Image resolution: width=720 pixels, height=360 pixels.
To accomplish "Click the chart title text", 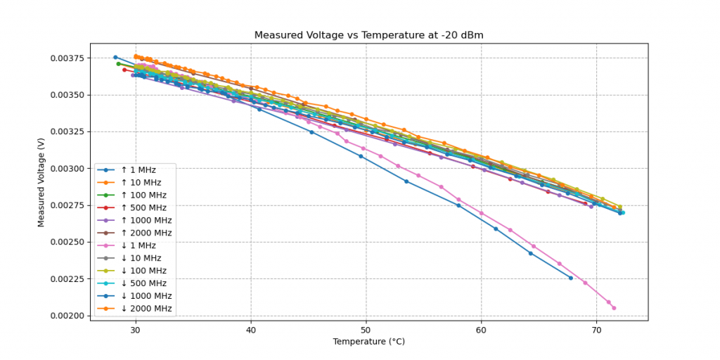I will coord(368,35).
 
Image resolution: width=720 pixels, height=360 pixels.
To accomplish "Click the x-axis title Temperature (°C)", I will coord(368,342).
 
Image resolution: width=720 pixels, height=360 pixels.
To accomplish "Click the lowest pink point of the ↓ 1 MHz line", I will coord(614,308).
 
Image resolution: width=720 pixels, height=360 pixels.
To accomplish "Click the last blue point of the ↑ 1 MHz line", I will coord(570,278).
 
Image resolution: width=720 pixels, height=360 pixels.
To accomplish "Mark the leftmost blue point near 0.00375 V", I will coord(115,57).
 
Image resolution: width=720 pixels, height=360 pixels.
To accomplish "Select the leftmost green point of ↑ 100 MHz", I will coord(118,64).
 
